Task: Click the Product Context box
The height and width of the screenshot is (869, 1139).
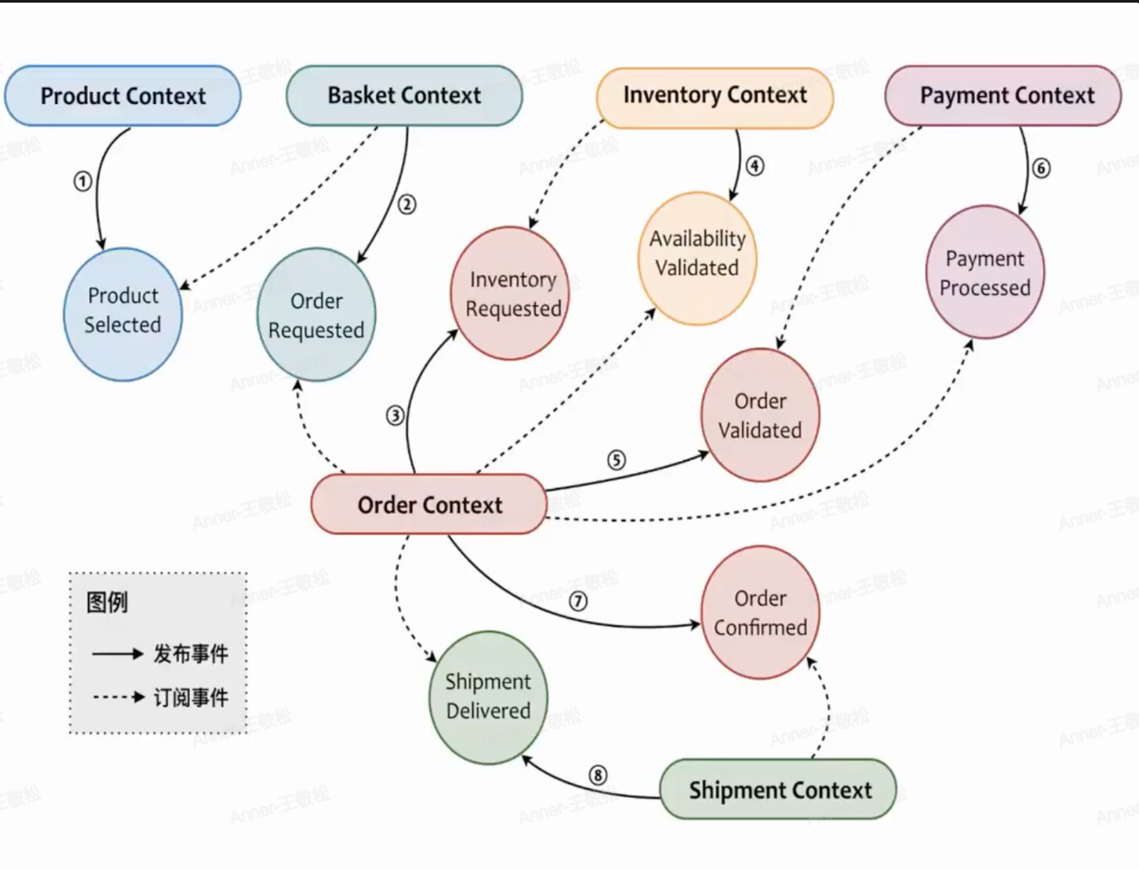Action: [x=122, y=96]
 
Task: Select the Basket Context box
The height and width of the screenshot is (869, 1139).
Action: [x=404, y=95]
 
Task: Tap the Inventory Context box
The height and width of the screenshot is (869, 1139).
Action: [x=715, y=95]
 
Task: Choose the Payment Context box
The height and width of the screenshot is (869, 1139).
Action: [x=1003, y=95]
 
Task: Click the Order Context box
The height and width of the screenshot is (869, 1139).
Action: [x=429, y=505]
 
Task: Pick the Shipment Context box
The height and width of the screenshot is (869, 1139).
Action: [x=778, y=790]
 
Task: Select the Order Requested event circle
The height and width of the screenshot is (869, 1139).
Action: [x=316, y=315]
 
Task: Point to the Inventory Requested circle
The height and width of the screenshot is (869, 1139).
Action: [x=510, y=293]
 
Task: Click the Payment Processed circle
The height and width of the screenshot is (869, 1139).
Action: [x=984, y=272]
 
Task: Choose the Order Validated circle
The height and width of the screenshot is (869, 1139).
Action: [x=760, y=415]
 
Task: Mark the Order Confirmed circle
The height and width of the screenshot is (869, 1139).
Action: [x=760, y=612]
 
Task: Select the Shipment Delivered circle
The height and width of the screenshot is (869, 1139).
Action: [x=488, y=697]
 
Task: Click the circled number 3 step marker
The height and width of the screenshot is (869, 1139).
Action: [x=395, y=415]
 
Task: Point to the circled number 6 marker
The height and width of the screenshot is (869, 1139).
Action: [x=1040, y=168]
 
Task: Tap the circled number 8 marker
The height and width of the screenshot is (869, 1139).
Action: [x=598, y=775]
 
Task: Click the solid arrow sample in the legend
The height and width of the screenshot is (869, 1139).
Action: [x=117, y=654]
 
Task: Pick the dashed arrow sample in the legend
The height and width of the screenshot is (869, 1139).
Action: [x=118, y=697]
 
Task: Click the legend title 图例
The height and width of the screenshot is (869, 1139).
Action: [x=107, y=602]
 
